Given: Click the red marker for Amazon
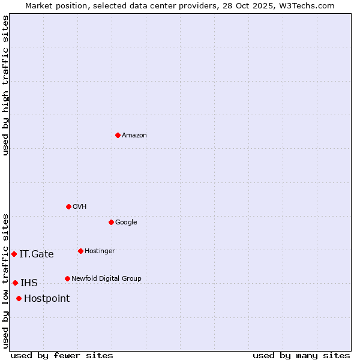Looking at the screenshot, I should click(118, 135).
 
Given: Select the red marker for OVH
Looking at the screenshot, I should click(68, 206).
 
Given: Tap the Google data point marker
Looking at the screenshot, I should click(111, 222).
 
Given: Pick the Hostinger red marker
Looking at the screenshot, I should click(80, 251).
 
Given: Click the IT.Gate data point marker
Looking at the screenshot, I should click(14, 254).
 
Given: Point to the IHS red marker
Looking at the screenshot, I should click(15, 283).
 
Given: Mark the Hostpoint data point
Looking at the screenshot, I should click(19, 298).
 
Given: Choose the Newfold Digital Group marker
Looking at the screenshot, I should click(67, 278).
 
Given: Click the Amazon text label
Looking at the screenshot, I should click(134, 135).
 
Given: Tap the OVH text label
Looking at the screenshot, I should click(80, 206).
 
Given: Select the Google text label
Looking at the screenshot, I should click(126, 222).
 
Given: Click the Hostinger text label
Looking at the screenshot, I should click(100, 251).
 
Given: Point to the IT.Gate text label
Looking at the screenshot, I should click(37, 254).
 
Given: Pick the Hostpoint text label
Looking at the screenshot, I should click(47, 298).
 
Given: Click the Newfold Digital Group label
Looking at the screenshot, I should click(106, 278).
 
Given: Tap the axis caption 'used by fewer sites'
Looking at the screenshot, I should click(62, 355).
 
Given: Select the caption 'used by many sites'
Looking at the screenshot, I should click(301, 355).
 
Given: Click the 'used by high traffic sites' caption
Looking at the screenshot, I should click(5, 85).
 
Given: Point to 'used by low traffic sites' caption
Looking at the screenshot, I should click(5, 280).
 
